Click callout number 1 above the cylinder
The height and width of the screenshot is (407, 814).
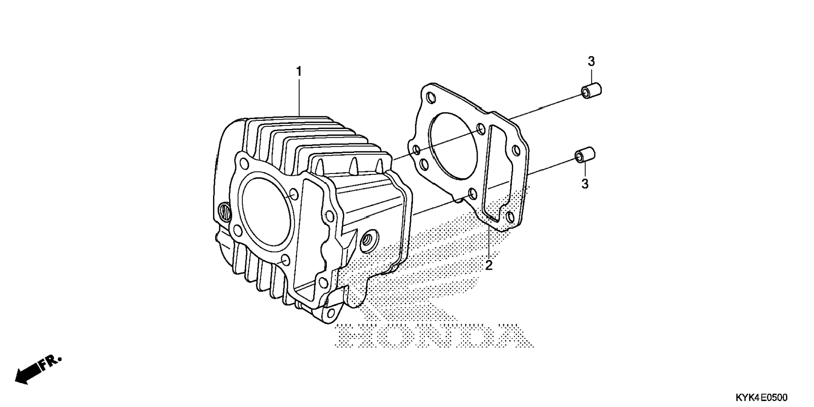[299, 72]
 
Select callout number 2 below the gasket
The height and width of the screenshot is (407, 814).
[489, 265]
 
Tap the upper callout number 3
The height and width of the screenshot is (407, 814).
[591, 62]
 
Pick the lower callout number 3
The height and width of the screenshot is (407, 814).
[585, 184]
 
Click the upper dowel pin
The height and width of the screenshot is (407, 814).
[591, 91]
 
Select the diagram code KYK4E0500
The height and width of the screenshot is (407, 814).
[761, 397]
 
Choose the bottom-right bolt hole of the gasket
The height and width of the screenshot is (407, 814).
[511, 217]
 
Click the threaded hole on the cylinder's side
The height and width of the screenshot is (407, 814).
[366, 239]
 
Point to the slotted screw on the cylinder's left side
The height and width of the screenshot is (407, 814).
[225, 211]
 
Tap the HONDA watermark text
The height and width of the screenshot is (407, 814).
[434, 336]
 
